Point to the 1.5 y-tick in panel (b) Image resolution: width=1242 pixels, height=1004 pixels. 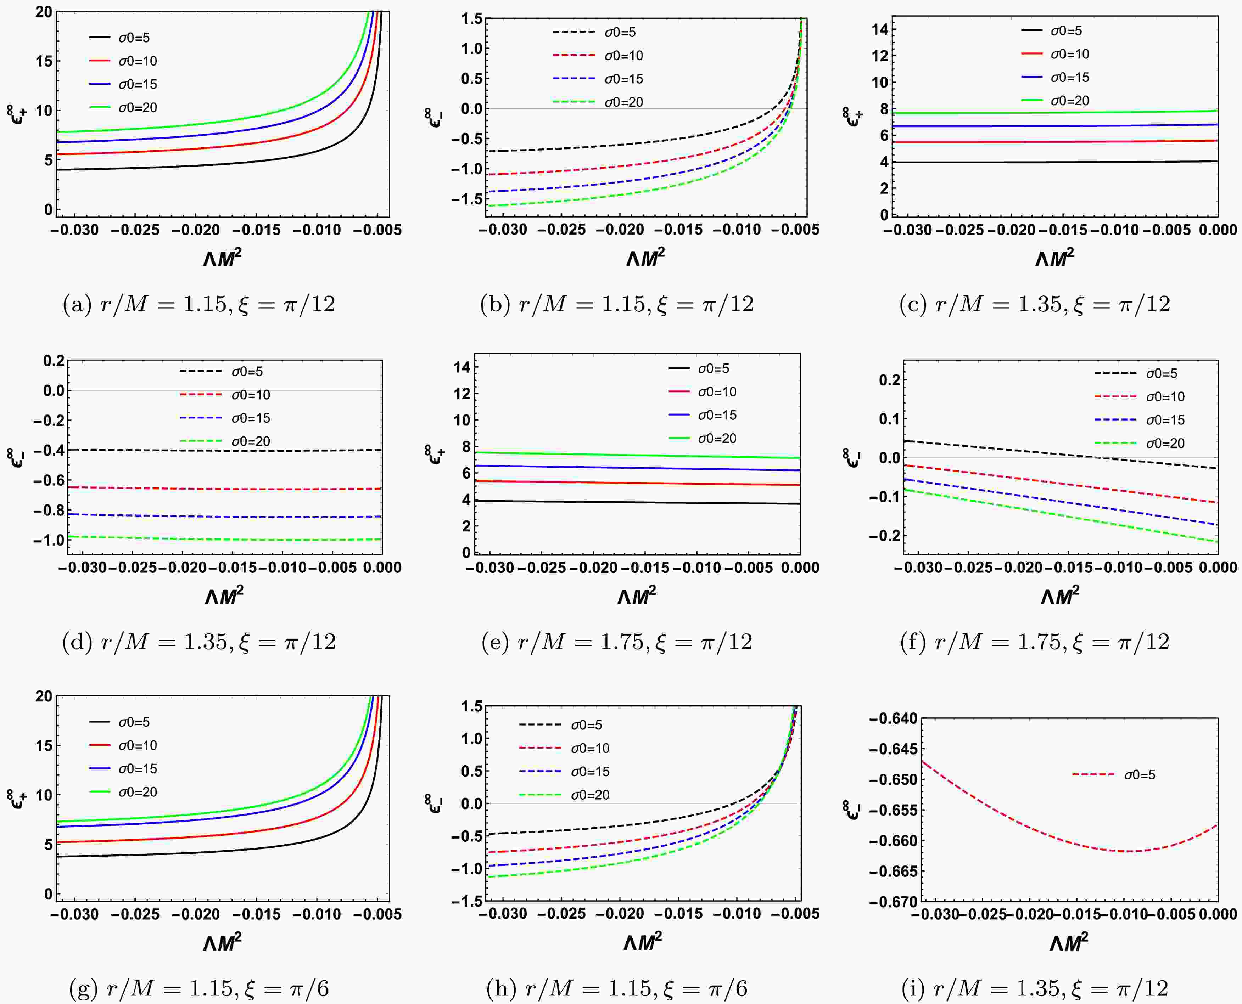click(471, 18)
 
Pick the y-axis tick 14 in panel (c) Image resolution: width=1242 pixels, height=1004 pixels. click(880, 29)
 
